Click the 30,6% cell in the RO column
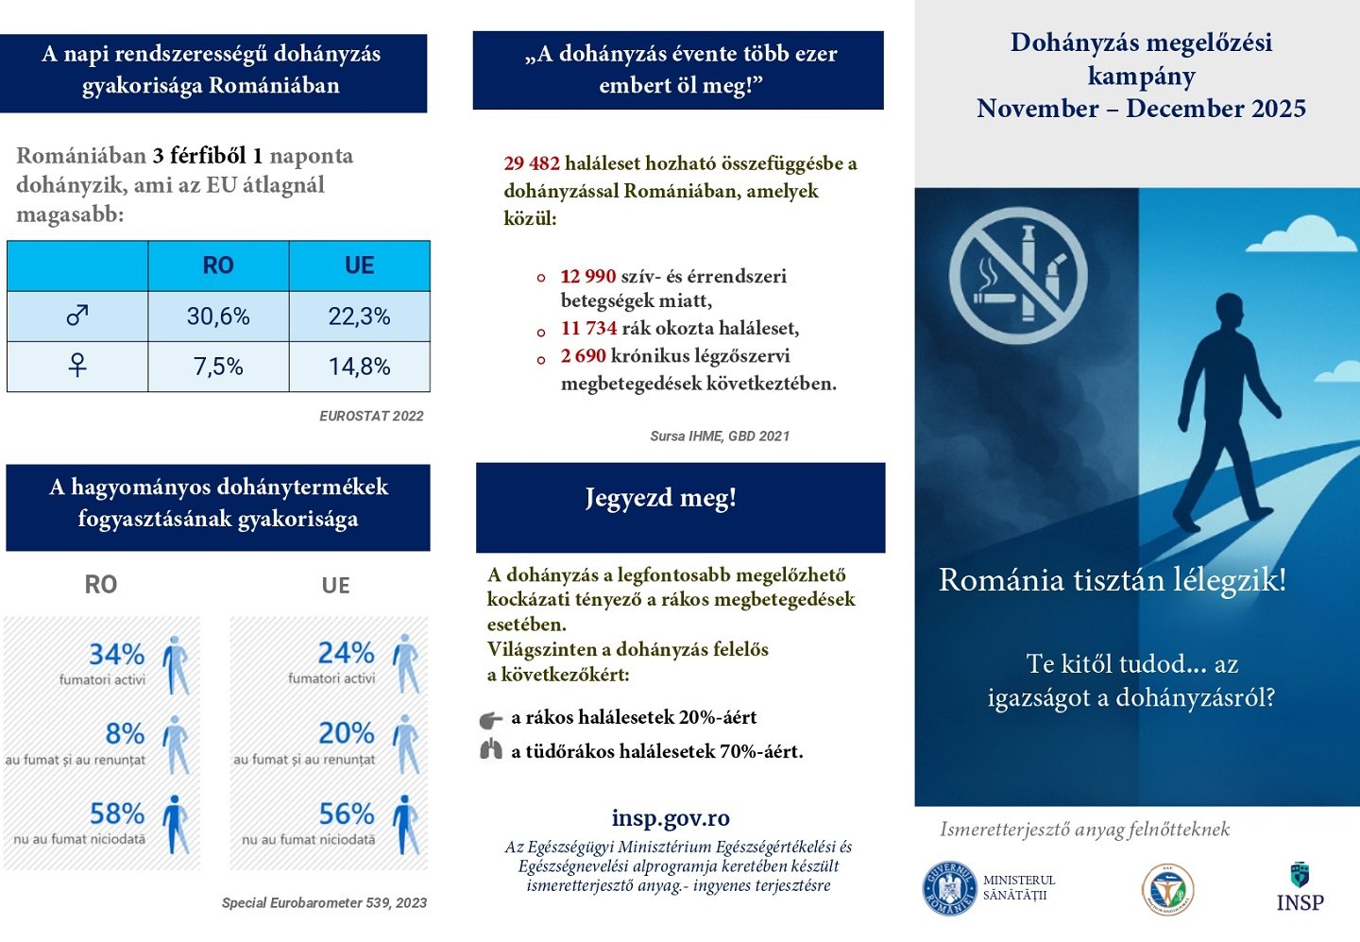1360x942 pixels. pyautogui.click(x=218, y=317)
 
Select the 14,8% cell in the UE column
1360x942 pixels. pyautogui.click(x=359, y=367)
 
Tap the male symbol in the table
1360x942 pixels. pyautogui.click(x=77, y=316)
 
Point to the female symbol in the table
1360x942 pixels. pyautogui.click(x=77, y=366)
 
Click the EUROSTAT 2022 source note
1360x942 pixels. pyautogui.click(x=371, y=416)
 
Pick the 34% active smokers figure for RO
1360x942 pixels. pyautogui.click(x=116, y=654)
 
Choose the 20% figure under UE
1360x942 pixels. pyautogui.click(x=346, y=733)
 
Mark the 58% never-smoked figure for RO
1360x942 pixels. pyautogui.click(x=116, y=814)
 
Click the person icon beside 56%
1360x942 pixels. pyautogui.click(x=405, y=824)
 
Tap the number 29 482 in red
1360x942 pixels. pyautogui.click(x=532, y=163)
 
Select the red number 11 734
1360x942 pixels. pyautogui.click(x=588, y=328)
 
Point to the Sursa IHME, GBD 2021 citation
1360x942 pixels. pyautogui.click(x=720, y=437)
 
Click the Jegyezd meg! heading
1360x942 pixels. pyautogui.click(x=660, y=498)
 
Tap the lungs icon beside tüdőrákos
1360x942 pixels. pyautogui.click(x=491, y=751)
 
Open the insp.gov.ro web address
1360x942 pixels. pyautogui.click(x=671, y=817)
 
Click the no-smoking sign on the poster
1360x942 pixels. pyautogui.click(x=1018, y=276)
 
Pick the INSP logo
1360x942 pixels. pyautogui.click(x=1300, y=888)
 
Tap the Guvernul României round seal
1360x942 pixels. pyautogui.click(x=949, y=889)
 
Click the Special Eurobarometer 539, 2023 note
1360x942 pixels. pyautogui.click(x=324, y=903)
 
